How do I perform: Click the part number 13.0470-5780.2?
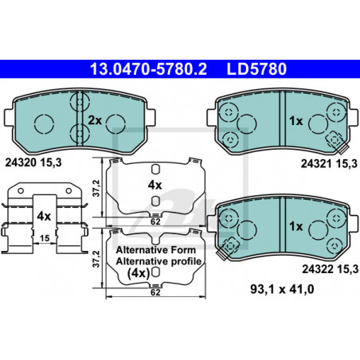click(x=148, y=69)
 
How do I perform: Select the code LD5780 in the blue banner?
click(x=256, y=69)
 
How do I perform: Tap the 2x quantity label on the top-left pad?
click(x=95, y=120)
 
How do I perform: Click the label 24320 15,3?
click(x=33, y=162)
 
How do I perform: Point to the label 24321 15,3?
click(x=329, y=164)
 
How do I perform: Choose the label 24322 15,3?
click(x=330, y=269)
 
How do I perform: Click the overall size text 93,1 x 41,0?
click(x=282, y=289)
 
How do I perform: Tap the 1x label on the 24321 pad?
click(x=295, y=121)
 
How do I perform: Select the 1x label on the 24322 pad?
click(x=295, y=226)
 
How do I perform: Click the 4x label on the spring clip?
click(x=44, y=216)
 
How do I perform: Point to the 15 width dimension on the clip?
click(x=45, y=238)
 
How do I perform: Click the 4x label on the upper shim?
click(x=155, y=185)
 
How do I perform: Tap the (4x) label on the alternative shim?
click(x=139, y=273)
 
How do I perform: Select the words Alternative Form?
click(x=156, y=250)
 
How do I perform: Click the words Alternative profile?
click(x=158, y=261)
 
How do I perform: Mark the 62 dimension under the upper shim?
click(x=155, y=221)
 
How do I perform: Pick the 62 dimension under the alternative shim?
click(x=155, y=292)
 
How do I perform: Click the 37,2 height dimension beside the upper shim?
click(x=96, y=188)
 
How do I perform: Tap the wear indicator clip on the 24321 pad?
click(x=338, y=143)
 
